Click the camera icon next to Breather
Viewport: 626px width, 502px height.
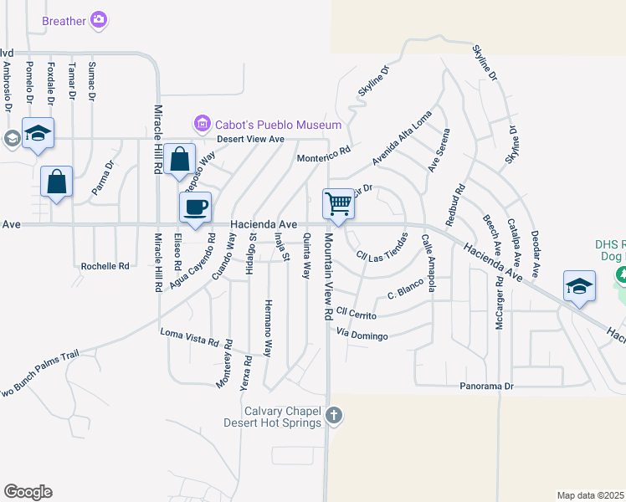[x=100, y=19]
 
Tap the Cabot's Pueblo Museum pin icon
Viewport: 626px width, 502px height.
[x=202, y=125]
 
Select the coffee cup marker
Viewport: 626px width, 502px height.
[x=196, y=207]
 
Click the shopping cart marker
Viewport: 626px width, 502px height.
[x=338, y=203]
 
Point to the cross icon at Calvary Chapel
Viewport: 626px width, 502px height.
[x=334, y=415]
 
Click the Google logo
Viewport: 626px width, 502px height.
[x=28, y=492]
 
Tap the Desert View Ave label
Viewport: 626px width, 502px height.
[x=252, y=139]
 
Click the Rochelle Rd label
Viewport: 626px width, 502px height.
[x=105, y=266]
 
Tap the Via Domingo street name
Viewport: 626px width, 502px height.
[x=362, y=336]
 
